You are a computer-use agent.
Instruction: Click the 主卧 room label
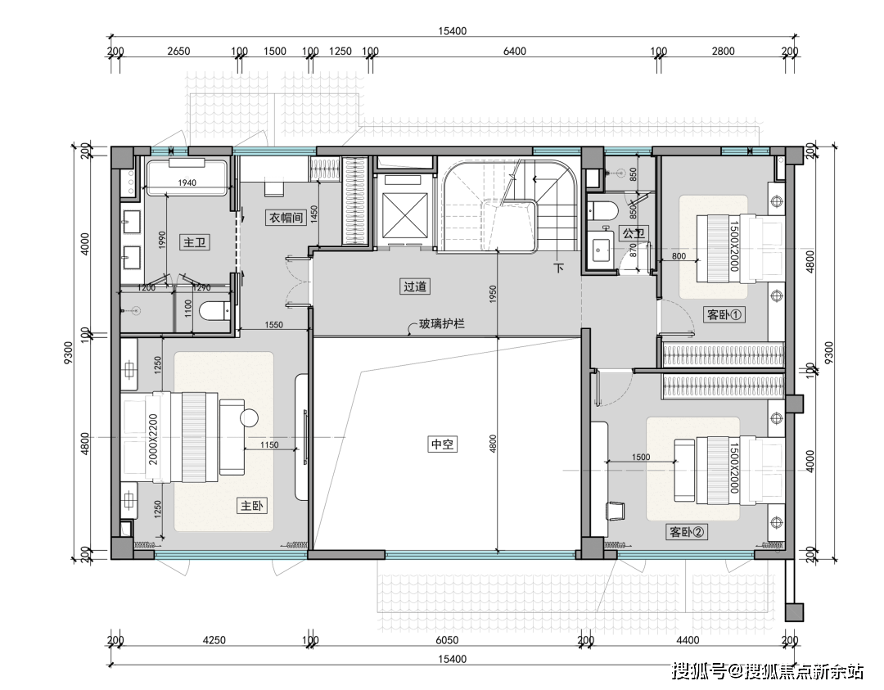251,506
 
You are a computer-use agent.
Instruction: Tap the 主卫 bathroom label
195,243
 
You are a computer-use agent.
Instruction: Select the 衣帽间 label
286,218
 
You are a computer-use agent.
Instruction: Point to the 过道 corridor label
415,286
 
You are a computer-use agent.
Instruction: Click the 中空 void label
442,444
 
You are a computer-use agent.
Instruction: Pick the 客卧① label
725,314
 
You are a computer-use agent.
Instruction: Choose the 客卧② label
687,531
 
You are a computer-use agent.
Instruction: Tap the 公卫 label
633,232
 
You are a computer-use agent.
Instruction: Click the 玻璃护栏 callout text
441,324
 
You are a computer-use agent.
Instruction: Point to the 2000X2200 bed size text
153,440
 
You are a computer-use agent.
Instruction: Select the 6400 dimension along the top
514,52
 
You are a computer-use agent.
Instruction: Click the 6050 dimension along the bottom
447,640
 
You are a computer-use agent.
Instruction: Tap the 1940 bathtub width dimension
187,183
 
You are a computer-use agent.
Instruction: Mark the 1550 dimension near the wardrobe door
273,325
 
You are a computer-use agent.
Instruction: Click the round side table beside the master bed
249,418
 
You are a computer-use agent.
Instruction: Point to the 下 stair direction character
559,268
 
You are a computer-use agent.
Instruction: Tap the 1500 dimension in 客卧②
641,458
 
